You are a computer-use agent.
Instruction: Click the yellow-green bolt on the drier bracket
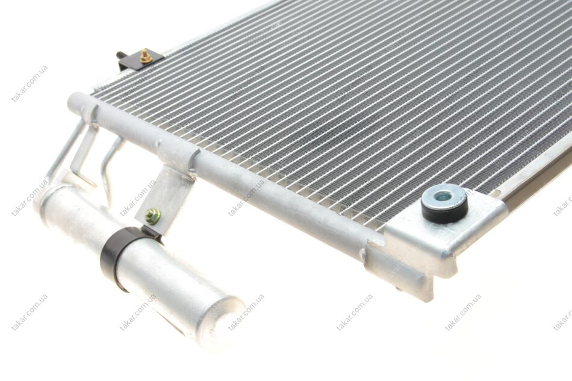152,216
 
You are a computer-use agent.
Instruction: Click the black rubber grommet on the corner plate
444,203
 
